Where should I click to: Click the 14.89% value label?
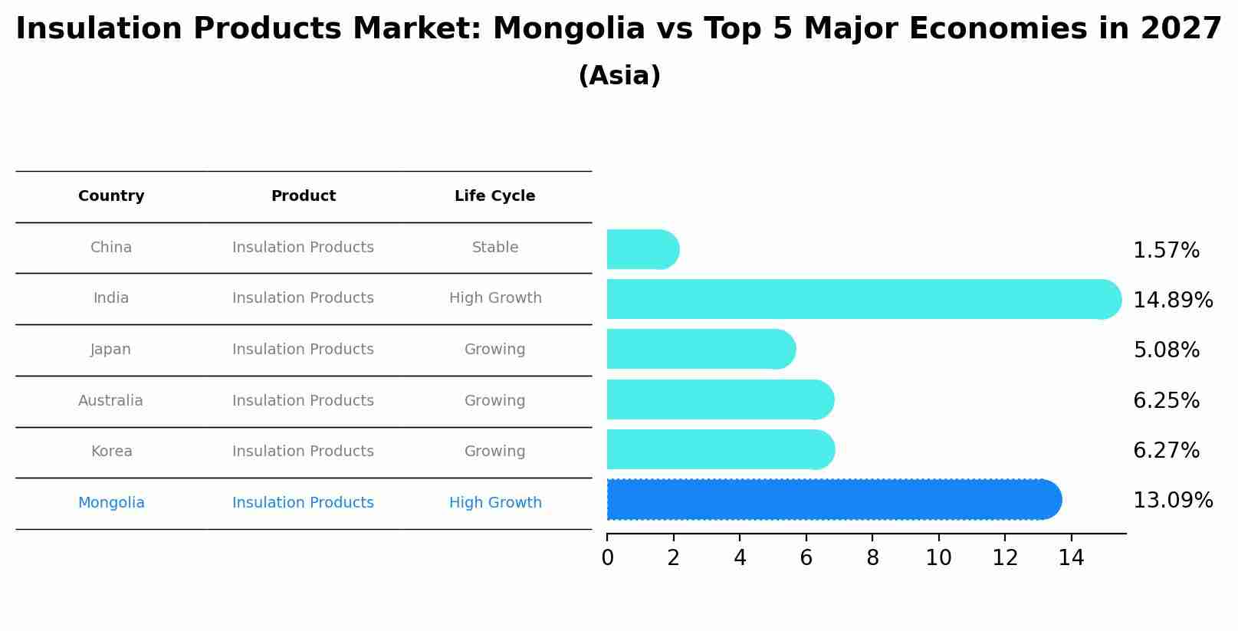point(1172,300)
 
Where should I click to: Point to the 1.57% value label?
point(1165,251)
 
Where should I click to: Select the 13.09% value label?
point(1172,501)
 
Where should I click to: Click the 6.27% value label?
point(1165,450)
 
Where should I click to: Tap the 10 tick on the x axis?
point(938,558)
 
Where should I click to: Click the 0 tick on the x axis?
point(607,558)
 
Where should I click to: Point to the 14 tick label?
point(1071,558)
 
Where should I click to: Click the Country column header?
point(111,196)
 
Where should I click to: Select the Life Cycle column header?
point(494,196)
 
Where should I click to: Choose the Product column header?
point(303,196)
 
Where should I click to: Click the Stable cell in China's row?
point(494,248)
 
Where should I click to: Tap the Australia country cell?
point(110,401)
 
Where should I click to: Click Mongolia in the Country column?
point(111,503)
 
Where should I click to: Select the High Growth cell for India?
point(494,298)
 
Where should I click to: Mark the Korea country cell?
point(111,452)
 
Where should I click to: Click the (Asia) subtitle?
point(619,76)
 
